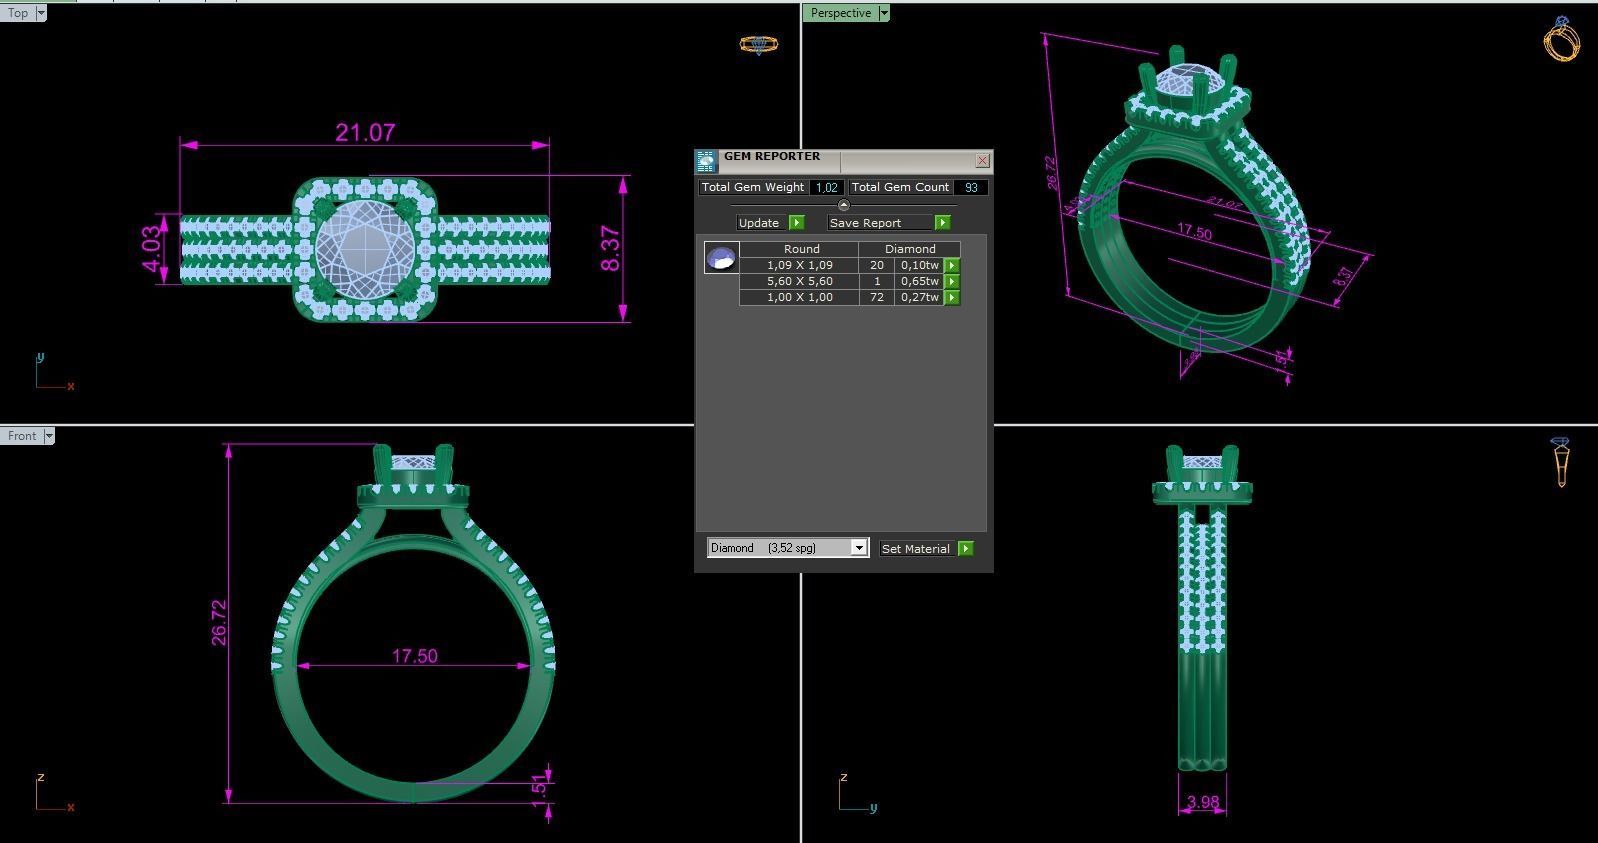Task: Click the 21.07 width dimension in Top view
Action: click(x=365, y=133)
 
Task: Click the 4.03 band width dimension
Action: click(x=151, y=248)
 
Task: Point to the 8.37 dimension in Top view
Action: click(x=610, y=249)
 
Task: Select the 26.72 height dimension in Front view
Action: click(x=219, y=622)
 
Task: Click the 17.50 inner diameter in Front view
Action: click(x=414, y=656)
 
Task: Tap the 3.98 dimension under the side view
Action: click(x=1202, y=802)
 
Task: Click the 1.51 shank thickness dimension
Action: click(x=539, y=788)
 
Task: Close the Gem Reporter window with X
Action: click(x=982, y=160)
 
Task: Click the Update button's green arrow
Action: click(x=796, y=222)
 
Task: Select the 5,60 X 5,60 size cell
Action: click(x=799, y=281)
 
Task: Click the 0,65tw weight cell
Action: click(x=919, y=281)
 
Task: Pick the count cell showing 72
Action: click(x=876, y=297)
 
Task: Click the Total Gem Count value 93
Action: click(x=971, y=187)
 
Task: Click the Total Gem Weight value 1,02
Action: click(x=826, y=187)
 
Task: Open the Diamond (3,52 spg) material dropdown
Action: click(x=858, y=548)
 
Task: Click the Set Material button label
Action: click(x=915, y=548)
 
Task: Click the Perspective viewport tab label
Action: click(x=840, y=13)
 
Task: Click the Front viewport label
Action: click(x=21, y=436)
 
